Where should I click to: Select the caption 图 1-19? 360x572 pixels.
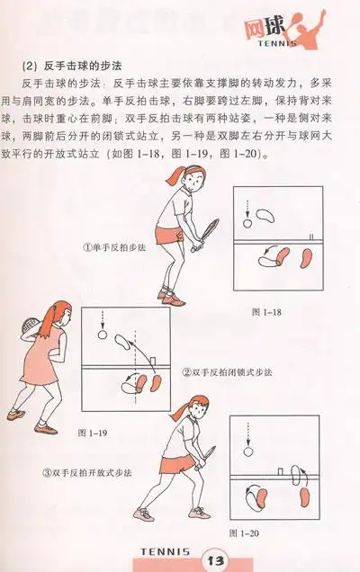[x=93, y=433]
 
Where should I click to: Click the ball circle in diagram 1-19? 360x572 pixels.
[x=101, y=336]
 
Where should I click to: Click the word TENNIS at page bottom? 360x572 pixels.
[x=163, y=550]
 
